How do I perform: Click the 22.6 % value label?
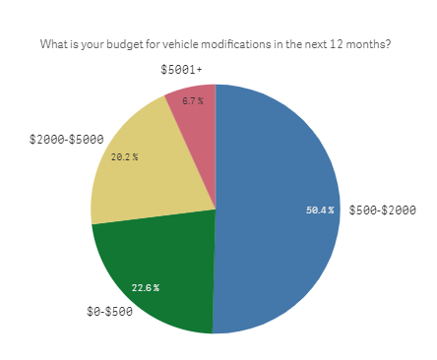pyautogui.click(x=146, y=287)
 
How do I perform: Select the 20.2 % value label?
pyautogui.click(x=124, y=156)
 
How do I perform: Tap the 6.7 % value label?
pyautogui.click(x=193, y=100)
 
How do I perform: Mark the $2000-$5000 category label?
pyautogui.click(x=63, y=140)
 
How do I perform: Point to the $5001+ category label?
pyautogui.click(x=182, y=70)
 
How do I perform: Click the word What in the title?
pyautogui.click(x=53, y=44)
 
